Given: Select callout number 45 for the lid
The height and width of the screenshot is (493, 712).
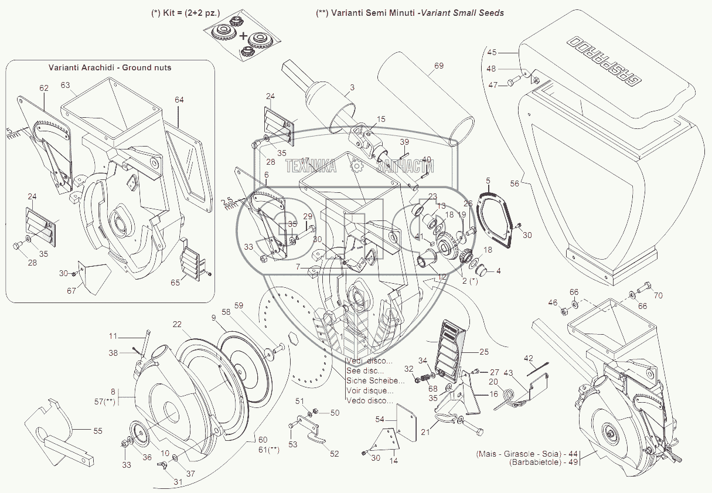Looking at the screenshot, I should coord(492,52).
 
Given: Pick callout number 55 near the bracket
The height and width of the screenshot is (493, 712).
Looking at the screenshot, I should coord(97,431).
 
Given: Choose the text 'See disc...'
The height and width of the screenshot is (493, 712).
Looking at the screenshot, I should coord(365,370).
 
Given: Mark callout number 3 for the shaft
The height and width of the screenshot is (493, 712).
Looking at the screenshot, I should coord(352,88).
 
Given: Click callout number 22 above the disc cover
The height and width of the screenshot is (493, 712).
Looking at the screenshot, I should coord(177,324).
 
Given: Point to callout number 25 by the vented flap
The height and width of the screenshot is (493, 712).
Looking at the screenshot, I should coord(483,352).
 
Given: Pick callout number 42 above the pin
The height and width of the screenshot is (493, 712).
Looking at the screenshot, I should coord(528,358).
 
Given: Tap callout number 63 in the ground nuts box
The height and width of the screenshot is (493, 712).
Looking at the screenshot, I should coord(65,86).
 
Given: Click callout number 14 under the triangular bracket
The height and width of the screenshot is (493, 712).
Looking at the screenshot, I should coord(393,461).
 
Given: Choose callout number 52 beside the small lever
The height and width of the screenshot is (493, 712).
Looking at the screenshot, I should coord(334,453).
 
